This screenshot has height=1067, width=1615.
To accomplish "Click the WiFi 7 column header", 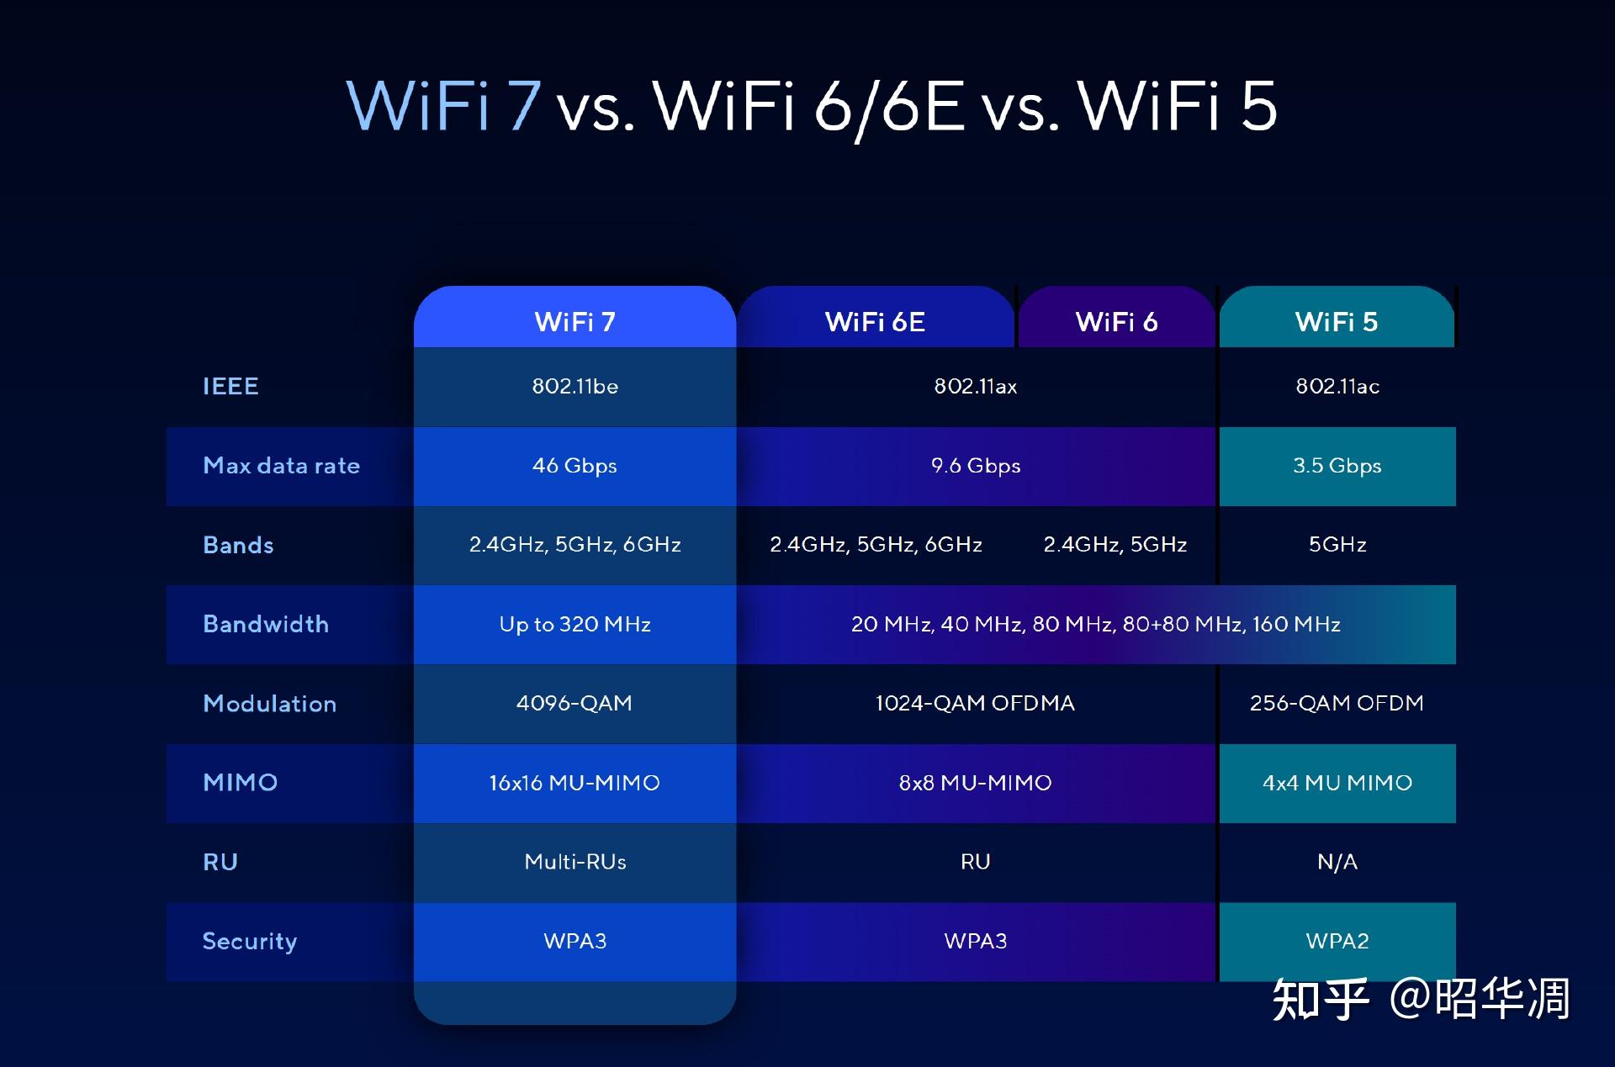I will coord(575,321).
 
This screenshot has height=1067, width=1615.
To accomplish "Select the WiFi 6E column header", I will coord(875,321).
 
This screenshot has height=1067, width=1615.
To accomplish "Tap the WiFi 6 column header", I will coord(1116,321).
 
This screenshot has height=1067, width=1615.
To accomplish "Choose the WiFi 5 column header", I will coord(1337,321).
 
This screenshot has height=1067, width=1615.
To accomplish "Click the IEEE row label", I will coord(230,386).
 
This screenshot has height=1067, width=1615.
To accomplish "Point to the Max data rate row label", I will coord(281,465).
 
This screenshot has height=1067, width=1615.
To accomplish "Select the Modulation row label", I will coord(269,703).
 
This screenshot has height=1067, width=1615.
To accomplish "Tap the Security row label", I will coord(249,941).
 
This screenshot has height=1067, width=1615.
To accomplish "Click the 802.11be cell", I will coord(575,386).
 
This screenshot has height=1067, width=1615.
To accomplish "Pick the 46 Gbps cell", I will coord(575,465).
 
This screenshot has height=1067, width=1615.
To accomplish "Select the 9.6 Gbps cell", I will coord(976,465).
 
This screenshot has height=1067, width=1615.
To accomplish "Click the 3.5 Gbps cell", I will coord(1337,465).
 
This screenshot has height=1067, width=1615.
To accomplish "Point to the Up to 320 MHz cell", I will coord(575,624).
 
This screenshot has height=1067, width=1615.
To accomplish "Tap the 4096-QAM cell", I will coord(575,703).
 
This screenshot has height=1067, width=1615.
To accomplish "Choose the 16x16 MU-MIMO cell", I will coord(575,782).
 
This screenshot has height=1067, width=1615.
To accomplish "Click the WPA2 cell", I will coord(1337,941).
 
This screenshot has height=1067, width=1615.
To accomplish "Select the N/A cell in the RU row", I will coord(1337,862).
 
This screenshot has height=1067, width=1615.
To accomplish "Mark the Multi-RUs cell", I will coord(575,862).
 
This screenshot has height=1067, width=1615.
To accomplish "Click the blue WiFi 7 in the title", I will coord(443,106).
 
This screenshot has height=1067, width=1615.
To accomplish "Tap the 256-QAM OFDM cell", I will coord(1337,703).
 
